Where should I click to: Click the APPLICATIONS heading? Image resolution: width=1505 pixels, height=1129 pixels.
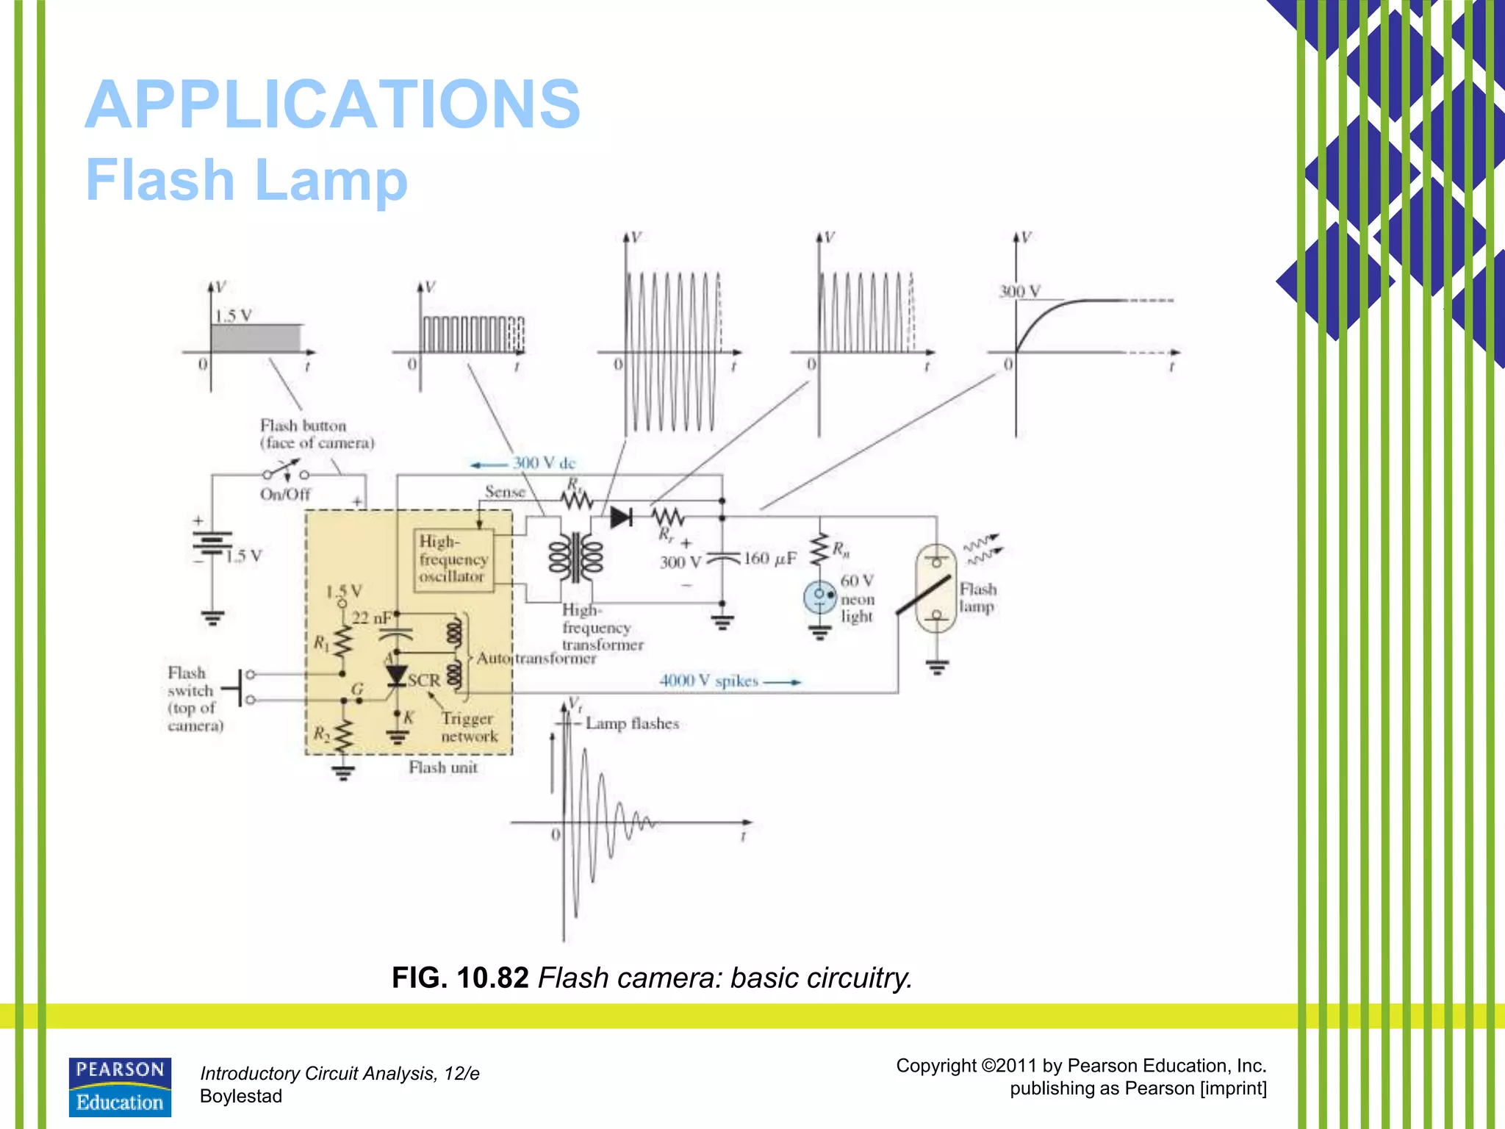coord(332,104)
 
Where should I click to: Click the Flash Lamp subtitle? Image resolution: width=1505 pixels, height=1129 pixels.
coord(246,179)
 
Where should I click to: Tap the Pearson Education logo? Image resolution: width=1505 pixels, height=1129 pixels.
coord(120,1087)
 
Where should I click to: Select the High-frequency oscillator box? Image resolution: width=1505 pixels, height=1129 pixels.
coord(453,559)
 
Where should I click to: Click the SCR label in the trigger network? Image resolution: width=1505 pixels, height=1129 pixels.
coord(424,681)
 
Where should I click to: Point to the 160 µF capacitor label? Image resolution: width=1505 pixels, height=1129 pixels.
coord(769,559)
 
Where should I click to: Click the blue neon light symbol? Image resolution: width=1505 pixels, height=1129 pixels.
coord(819,597)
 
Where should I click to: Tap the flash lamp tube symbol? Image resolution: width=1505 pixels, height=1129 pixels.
coord(935,588)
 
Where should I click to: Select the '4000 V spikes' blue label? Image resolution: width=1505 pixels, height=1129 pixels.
coord(708,681)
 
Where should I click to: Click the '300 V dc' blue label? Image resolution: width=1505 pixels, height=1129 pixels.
coord(544,463)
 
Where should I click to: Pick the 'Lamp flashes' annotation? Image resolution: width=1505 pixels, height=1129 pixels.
coord(632,724)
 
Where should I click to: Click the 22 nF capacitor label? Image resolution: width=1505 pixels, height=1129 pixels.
coord(371,618)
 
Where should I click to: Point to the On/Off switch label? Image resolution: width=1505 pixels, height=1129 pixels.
coord(285,495)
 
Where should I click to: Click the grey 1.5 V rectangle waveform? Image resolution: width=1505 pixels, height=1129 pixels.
coord(256,338)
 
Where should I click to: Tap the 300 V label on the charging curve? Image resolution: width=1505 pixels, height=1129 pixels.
coord(1019,292)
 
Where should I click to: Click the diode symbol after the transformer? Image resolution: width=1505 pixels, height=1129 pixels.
coord(621,517)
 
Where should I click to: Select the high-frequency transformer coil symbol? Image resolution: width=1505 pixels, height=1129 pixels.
coord(576,557)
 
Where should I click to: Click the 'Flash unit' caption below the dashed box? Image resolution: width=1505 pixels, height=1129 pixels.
coord(443,767)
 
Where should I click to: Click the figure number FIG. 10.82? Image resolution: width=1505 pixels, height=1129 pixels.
coord(460,978)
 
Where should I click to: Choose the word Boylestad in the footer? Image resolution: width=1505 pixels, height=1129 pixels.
coord(241,1096)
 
